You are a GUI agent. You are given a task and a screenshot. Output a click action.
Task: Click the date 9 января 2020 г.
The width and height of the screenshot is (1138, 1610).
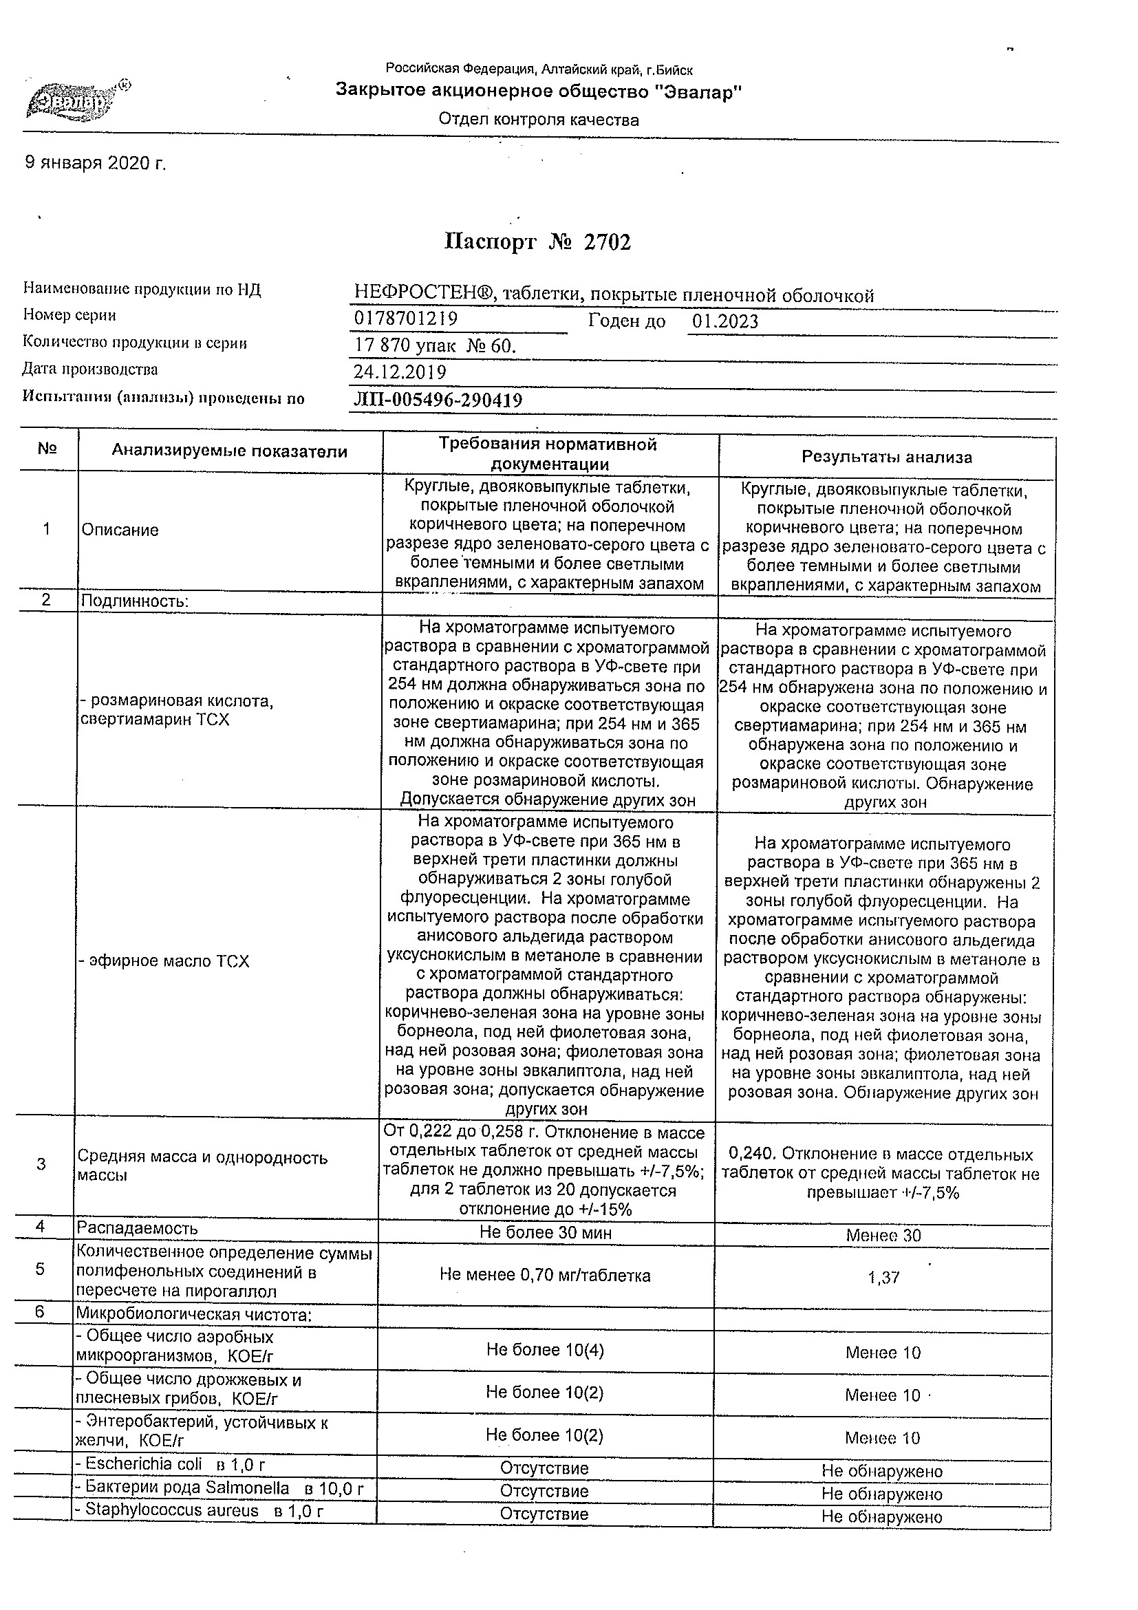click(x=96, y=163)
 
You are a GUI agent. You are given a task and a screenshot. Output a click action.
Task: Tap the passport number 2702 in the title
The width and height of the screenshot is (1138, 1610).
click(x=608, y=242)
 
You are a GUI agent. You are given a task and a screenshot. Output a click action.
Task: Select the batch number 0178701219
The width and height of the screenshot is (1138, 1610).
click(x=406, y=319)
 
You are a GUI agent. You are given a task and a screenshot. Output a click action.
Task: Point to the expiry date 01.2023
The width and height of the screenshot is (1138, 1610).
click(x=725, y=321)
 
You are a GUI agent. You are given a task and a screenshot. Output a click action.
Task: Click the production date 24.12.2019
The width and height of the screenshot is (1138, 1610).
click(x=400, y=372)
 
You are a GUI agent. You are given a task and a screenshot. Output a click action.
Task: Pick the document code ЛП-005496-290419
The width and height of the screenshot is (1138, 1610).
click(x=438, y=400)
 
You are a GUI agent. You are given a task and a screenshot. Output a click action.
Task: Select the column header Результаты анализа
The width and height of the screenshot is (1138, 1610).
click(x=886, y=458)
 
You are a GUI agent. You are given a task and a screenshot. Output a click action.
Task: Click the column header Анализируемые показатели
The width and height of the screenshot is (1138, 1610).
click(x=229, y=451)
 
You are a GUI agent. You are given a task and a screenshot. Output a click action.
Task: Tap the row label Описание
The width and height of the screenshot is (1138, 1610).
click(x=120, y=530)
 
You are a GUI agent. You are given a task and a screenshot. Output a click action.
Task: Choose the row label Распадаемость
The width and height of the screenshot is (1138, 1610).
click(x=138, y=1228)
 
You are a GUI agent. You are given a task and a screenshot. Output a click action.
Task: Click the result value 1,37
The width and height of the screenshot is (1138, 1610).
click(x=883, y=1278)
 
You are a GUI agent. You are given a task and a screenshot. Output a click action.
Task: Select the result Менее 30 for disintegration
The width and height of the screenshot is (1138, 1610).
click(x=883, y=1236)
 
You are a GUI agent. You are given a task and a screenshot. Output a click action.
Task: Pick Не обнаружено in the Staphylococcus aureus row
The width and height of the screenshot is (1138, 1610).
click(x=881, y=1516)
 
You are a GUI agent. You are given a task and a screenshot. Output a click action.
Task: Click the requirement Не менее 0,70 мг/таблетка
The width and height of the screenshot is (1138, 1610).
click(x=545, y=1275)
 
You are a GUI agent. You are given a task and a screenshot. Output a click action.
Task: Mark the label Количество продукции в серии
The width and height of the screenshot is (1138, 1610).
click(x=135, y=343)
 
